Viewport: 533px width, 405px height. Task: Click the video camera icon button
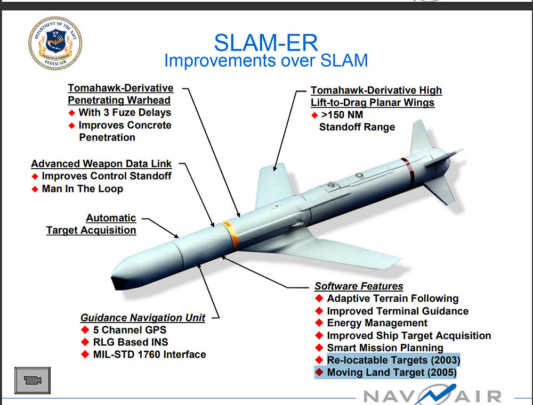click(33, 380)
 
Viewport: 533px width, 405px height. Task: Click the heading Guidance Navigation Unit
click(143, 318)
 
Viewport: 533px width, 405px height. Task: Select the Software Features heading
click(359, 286)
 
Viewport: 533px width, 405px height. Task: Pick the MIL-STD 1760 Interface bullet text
click(149, 354)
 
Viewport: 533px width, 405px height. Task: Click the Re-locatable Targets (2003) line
click(393, 360)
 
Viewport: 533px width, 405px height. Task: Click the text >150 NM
click(341, 115)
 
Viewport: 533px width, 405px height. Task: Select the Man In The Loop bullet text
click(82, 188)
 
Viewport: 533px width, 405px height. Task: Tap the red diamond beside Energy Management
click(319, 323)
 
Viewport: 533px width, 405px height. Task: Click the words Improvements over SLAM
click(266, 60)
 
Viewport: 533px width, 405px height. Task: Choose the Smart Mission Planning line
click(385, 348)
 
